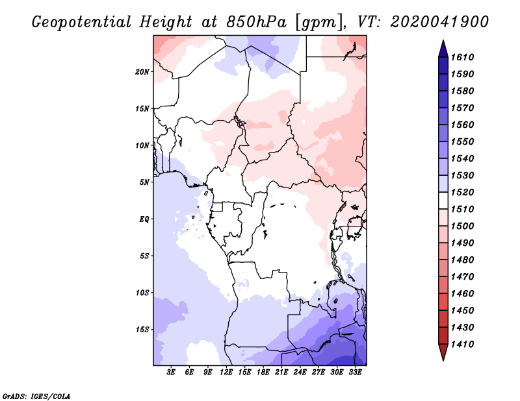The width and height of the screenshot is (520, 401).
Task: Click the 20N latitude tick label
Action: click(142, 72)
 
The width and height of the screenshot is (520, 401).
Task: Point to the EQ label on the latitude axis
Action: click(144, 219)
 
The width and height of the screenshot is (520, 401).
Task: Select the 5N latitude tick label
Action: click(144, 182)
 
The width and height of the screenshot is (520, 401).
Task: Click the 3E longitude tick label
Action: click(171, 372)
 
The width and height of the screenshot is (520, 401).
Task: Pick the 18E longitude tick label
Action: click(263, 372)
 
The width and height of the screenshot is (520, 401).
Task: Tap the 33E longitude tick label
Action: click(355, 372)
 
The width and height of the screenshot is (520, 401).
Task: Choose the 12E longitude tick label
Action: click(226, 372)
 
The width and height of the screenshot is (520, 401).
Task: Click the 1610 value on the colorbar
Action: click(462, 57)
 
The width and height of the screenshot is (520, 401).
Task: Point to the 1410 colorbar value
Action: click(462, 345)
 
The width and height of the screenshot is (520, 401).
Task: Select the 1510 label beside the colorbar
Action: click(462, 210)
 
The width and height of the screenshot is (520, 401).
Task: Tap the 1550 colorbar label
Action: click(462, 141)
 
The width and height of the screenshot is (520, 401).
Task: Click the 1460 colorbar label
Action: click(462, 294)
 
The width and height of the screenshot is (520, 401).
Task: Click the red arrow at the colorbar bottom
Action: click(443, 351)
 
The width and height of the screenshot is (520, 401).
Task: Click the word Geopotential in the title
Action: click(82, 22)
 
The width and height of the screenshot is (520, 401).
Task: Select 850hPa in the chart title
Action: click(256, 22)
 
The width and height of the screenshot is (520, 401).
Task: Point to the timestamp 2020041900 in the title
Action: click(440, 22)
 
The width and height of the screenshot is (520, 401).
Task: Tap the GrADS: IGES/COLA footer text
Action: click(36, 396)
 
